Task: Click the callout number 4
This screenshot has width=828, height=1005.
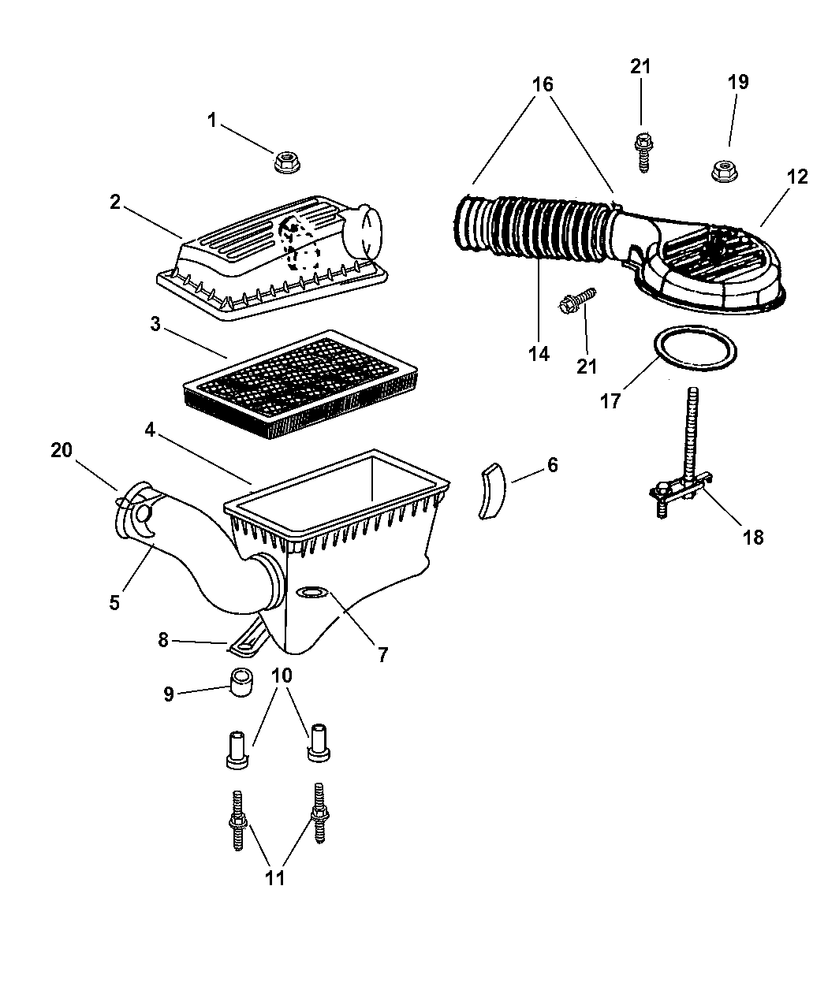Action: (x=150, y=430)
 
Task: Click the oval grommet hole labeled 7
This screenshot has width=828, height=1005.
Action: (x=312, y=591)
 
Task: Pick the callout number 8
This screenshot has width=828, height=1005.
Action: (x=163, y=639)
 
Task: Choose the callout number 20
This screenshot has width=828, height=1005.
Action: (x=62, y=450)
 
